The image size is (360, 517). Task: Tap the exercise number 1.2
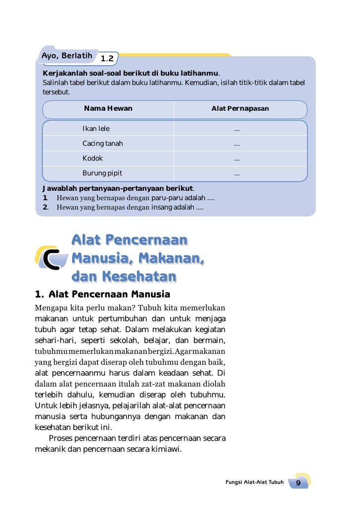[x=107, y=59]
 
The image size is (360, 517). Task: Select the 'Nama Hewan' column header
[x=108, y=109]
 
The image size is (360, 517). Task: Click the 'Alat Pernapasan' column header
[x=240, y=109]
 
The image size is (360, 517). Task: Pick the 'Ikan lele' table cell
[x=96, y=129]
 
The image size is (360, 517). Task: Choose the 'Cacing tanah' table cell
[x=102, y=144]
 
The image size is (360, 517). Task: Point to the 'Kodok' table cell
[x=92, y=159]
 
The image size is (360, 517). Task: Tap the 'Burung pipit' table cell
[x=102, y=173]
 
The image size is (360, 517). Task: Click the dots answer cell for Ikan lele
[x=237, y=129]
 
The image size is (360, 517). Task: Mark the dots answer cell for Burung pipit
[x=237, y=173]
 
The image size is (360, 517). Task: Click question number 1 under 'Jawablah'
[x=45, y=198]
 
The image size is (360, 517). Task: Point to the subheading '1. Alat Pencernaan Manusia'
[x=102, y=295]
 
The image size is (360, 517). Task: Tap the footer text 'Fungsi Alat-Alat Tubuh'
[x=254, y=482]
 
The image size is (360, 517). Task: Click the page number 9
[x=299, y=482]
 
